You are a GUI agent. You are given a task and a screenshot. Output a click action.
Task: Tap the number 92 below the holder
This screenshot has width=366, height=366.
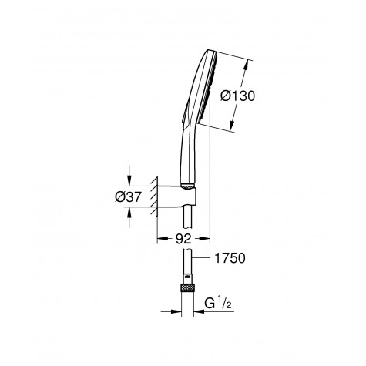coord(182,239)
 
